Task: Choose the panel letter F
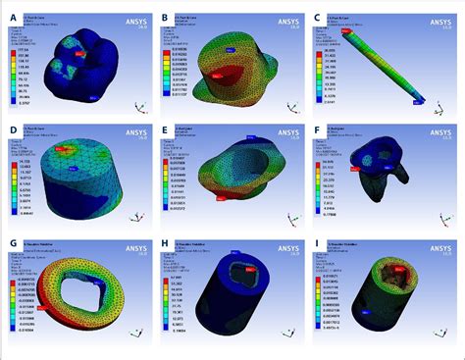pyautogui.click(x=318, y=129)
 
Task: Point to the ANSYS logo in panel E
pyautogui.click(x=284, y=129)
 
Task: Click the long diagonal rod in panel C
pyautogui.click(x=383, y=64)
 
